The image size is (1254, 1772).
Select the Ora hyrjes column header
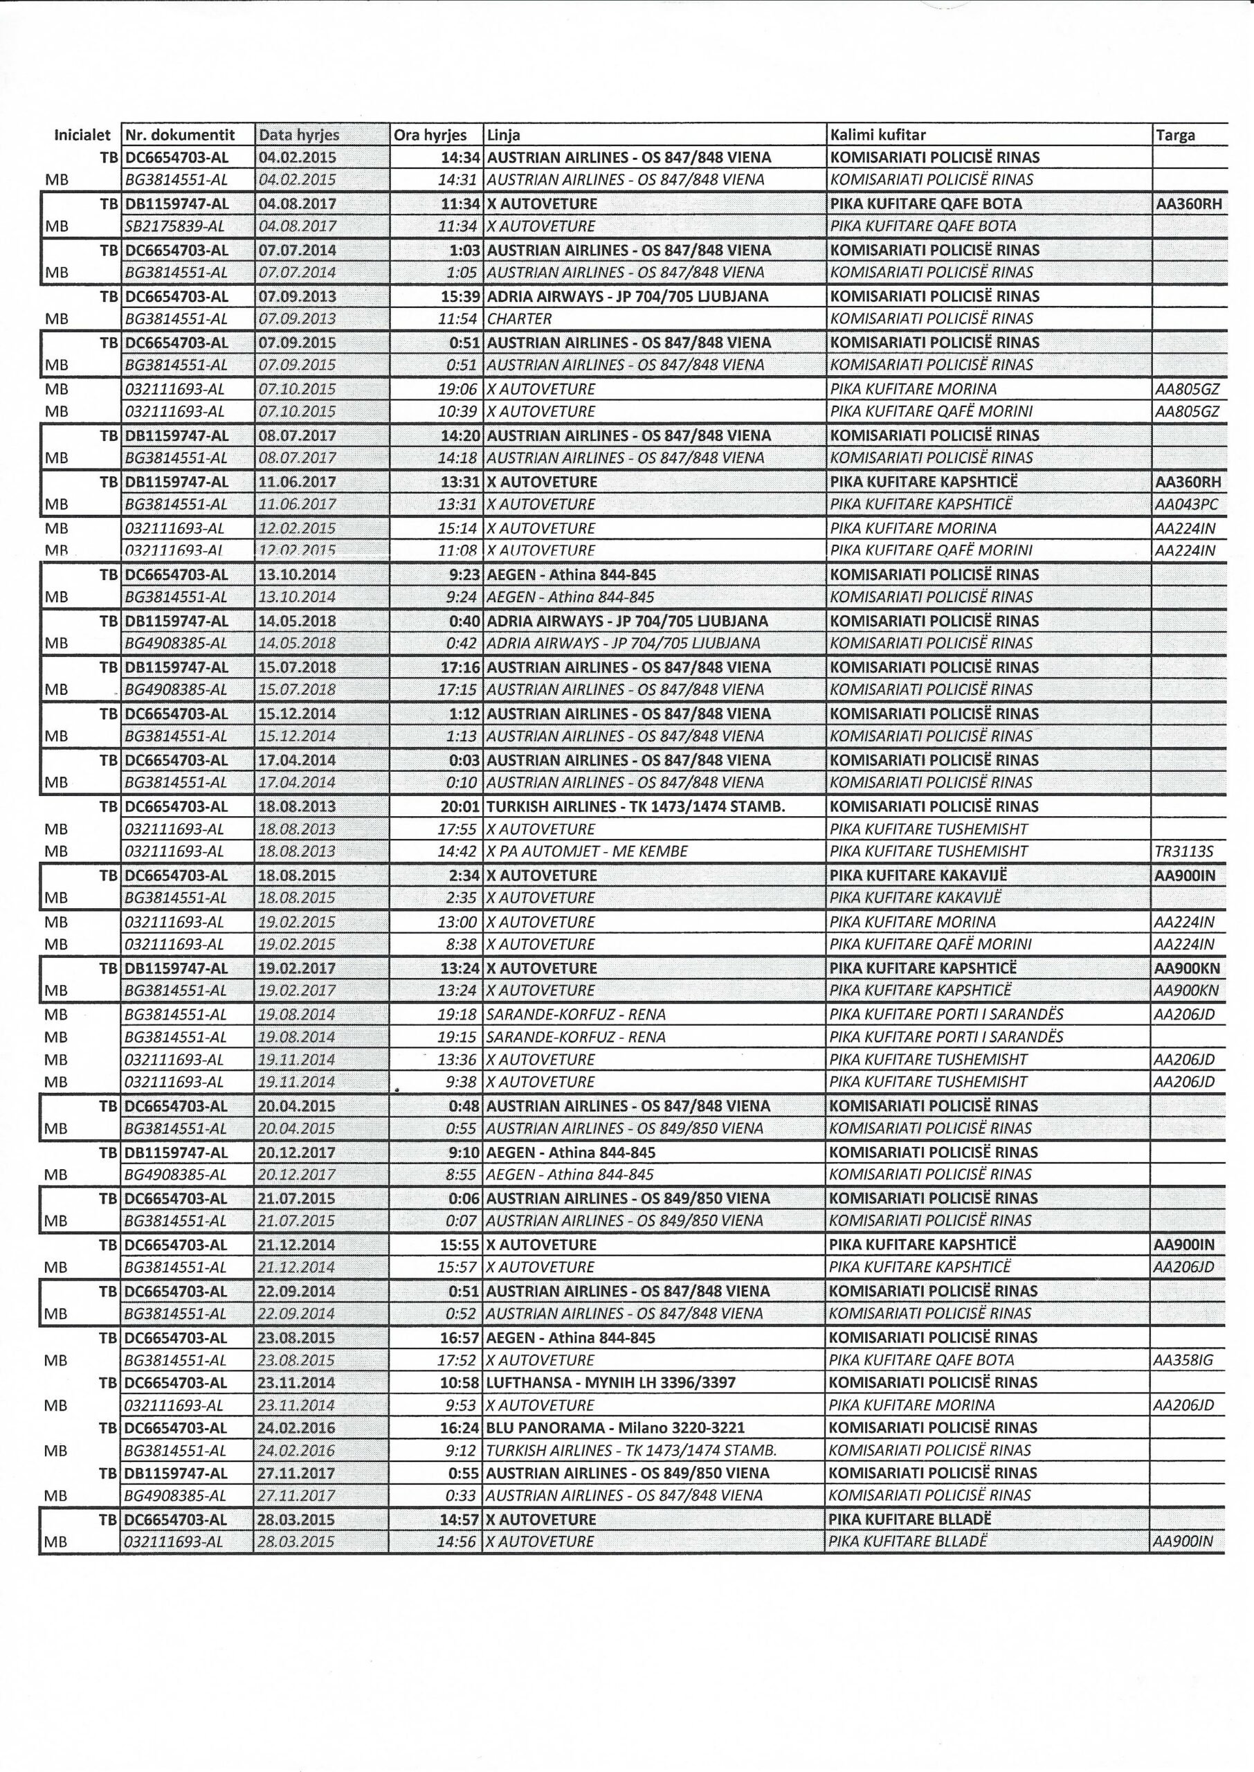(x=430, y=135)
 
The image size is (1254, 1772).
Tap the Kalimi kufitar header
(x=879, y=135)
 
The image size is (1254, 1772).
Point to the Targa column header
(x=1175, y=135)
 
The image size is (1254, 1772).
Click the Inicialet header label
(x=82, y=135)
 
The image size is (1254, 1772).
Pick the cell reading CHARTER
(x=519, y=319)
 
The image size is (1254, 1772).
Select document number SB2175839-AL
(x=175, y=226)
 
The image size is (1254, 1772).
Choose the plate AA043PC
(x=1187, y=504)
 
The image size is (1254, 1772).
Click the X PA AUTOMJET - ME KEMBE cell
(x=588, y=851)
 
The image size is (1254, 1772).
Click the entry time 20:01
(x=461, y=807)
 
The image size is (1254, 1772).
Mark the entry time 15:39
(x=461, y=296)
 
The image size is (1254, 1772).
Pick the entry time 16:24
(x=461, y=1428)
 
